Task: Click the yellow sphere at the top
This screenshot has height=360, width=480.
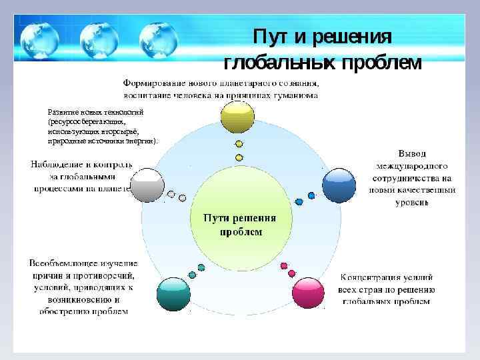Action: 237,118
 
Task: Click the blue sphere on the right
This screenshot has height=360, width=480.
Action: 339,185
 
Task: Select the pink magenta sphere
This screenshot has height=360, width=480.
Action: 308,293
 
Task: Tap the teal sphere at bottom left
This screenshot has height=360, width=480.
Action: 173,294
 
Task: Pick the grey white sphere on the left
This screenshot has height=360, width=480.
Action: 147,185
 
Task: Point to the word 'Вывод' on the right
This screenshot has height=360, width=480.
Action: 412,154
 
